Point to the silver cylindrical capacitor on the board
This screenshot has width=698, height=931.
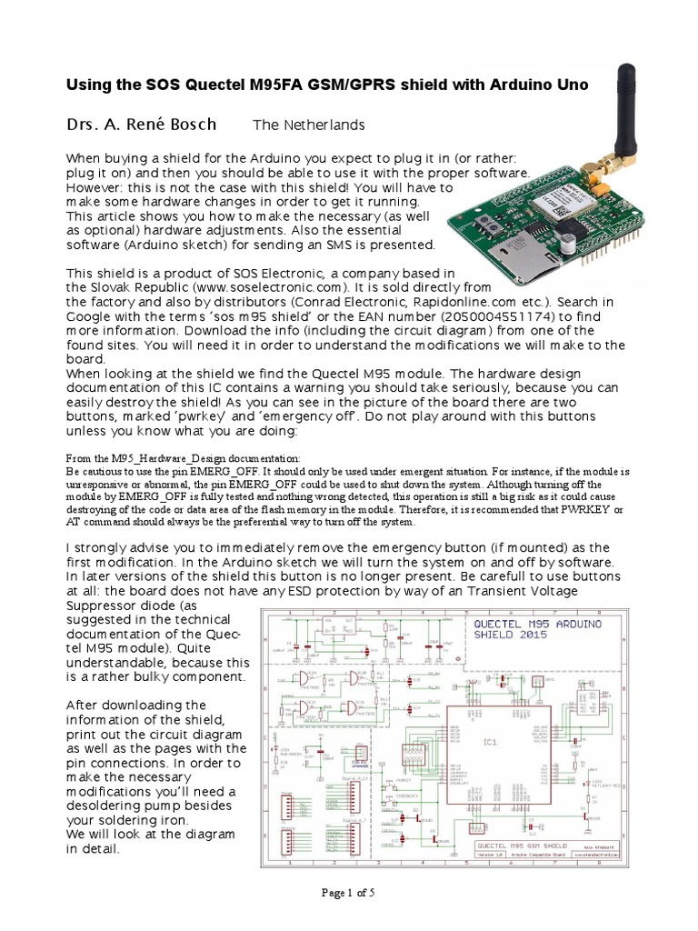click(x=567, y=242)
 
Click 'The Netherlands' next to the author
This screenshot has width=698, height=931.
click(x=308, y=125)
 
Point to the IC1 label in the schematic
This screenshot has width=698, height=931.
click(x=490, y=743)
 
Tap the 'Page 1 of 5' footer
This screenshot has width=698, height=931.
click(x=349, y=892)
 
